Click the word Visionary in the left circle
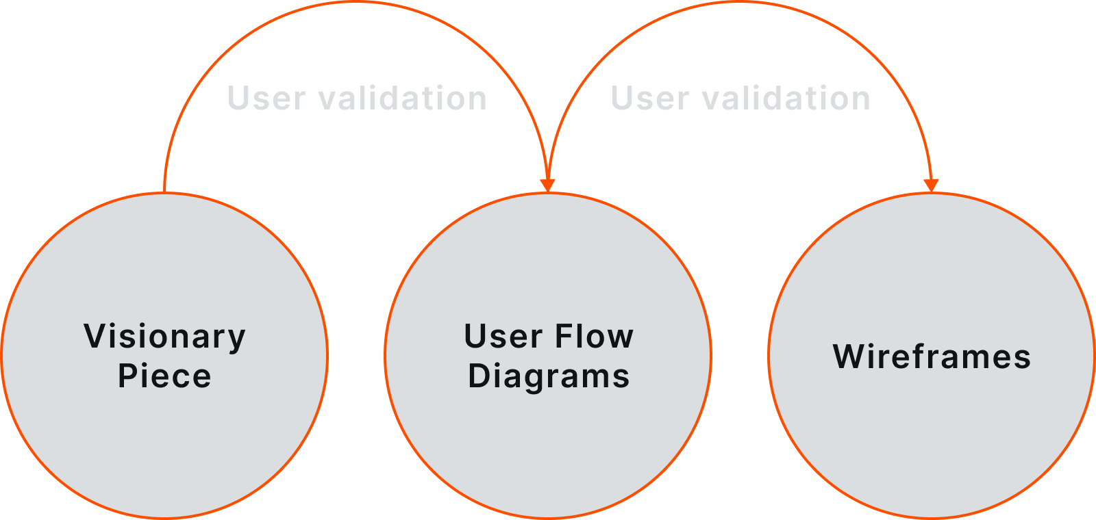click(x=164, y=337)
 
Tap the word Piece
click(x=164, y=376)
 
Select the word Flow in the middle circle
click(x=594, y=337)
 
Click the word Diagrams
click(x=548, y=376)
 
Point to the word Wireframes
click(x=932, y=356)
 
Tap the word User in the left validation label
click(x=266, y=98)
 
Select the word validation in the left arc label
click(x=403, y=98)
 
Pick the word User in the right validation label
click(x=649, y=98)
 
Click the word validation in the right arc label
click(x=786, y=98)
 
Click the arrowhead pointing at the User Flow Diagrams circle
click(x=547, y=185)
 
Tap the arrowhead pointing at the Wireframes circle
click(x=931, y=185)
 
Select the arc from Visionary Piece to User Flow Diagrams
click(x=356, y=3)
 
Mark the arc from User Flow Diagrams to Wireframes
click(x=740, y=3)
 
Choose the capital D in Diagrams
click(x=479, y=376)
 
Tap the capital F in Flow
click(x=563, y=337)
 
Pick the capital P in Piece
click(x=127, y=376)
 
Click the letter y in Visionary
click(x=238, y=339)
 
